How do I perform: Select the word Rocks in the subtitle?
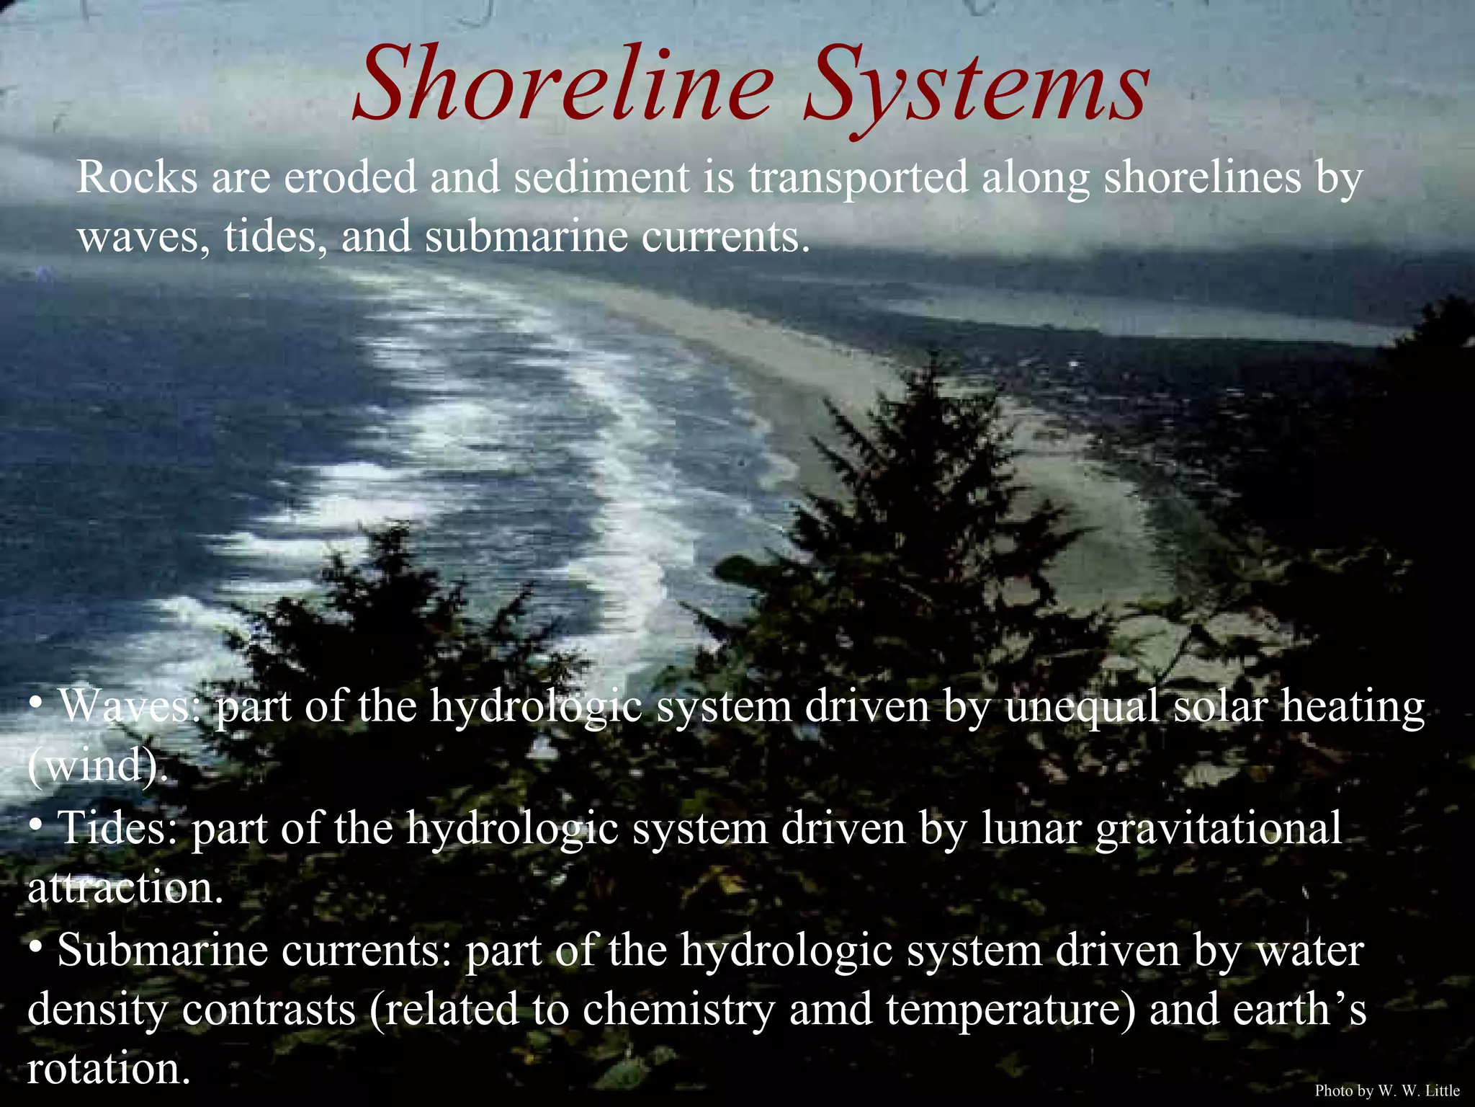(137, 177)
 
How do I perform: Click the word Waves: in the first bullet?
(130, 706)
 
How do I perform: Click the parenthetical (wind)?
(97, 765)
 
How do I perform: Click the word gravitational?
(1219, 829)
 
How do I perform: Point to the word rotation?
(109, 1069)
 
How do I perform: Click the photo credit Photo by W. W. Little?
(1387, 1090)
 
